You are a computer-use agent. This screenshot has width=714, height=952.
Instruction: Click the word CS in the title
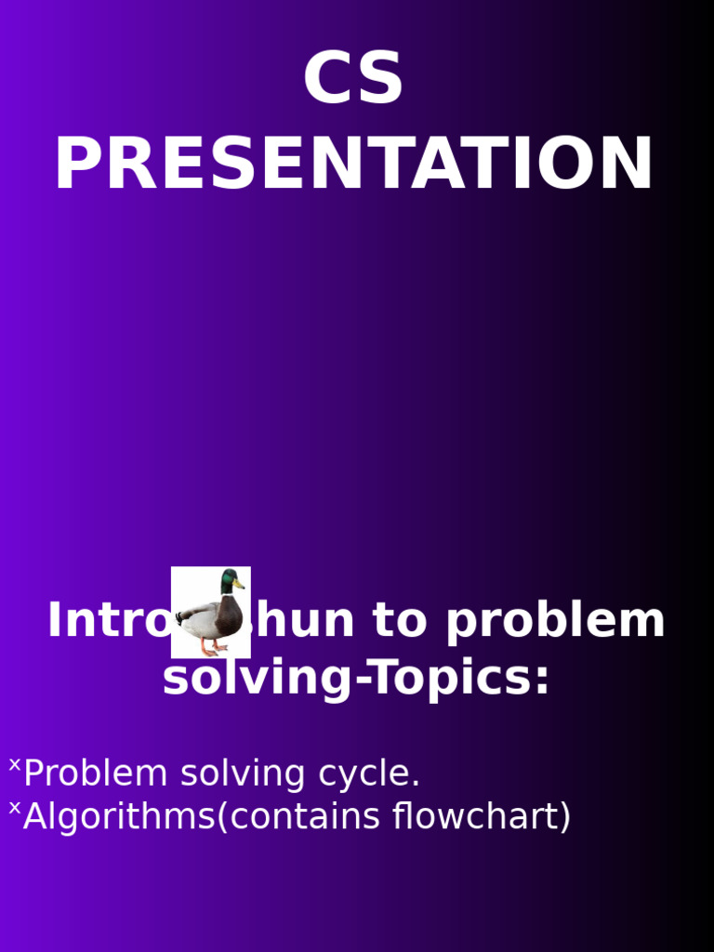[353, 79]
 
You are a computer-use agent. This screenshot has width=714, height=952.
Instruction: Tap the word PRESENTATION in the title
[354, 165]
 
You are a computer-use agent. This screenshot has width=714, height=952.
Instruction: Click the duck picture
[211, 612]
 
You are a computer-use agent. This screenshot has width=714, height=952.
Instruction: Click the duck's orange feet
[212, 647]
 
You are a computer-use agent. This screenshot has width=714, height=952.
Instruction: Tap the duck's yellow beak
[240, 585]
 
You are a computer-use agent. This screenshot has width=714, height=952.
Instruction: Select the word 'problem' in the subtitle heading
[555, 621]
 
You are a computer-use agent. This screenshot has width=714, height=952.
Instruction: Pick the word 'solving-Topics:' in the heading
[356, 678]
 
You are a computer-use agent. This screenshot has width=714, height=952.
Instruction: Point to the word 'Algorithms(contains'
[202, 817]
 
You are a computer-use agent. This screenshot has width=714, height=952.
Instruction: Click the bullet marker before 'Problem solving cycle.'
[14, 765]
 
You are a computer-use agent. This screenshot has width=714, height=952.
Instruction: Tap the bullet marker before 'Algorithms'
[14, 809]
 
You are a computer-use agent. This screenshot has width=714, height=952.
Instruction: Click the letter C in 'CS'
[327, 79]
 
